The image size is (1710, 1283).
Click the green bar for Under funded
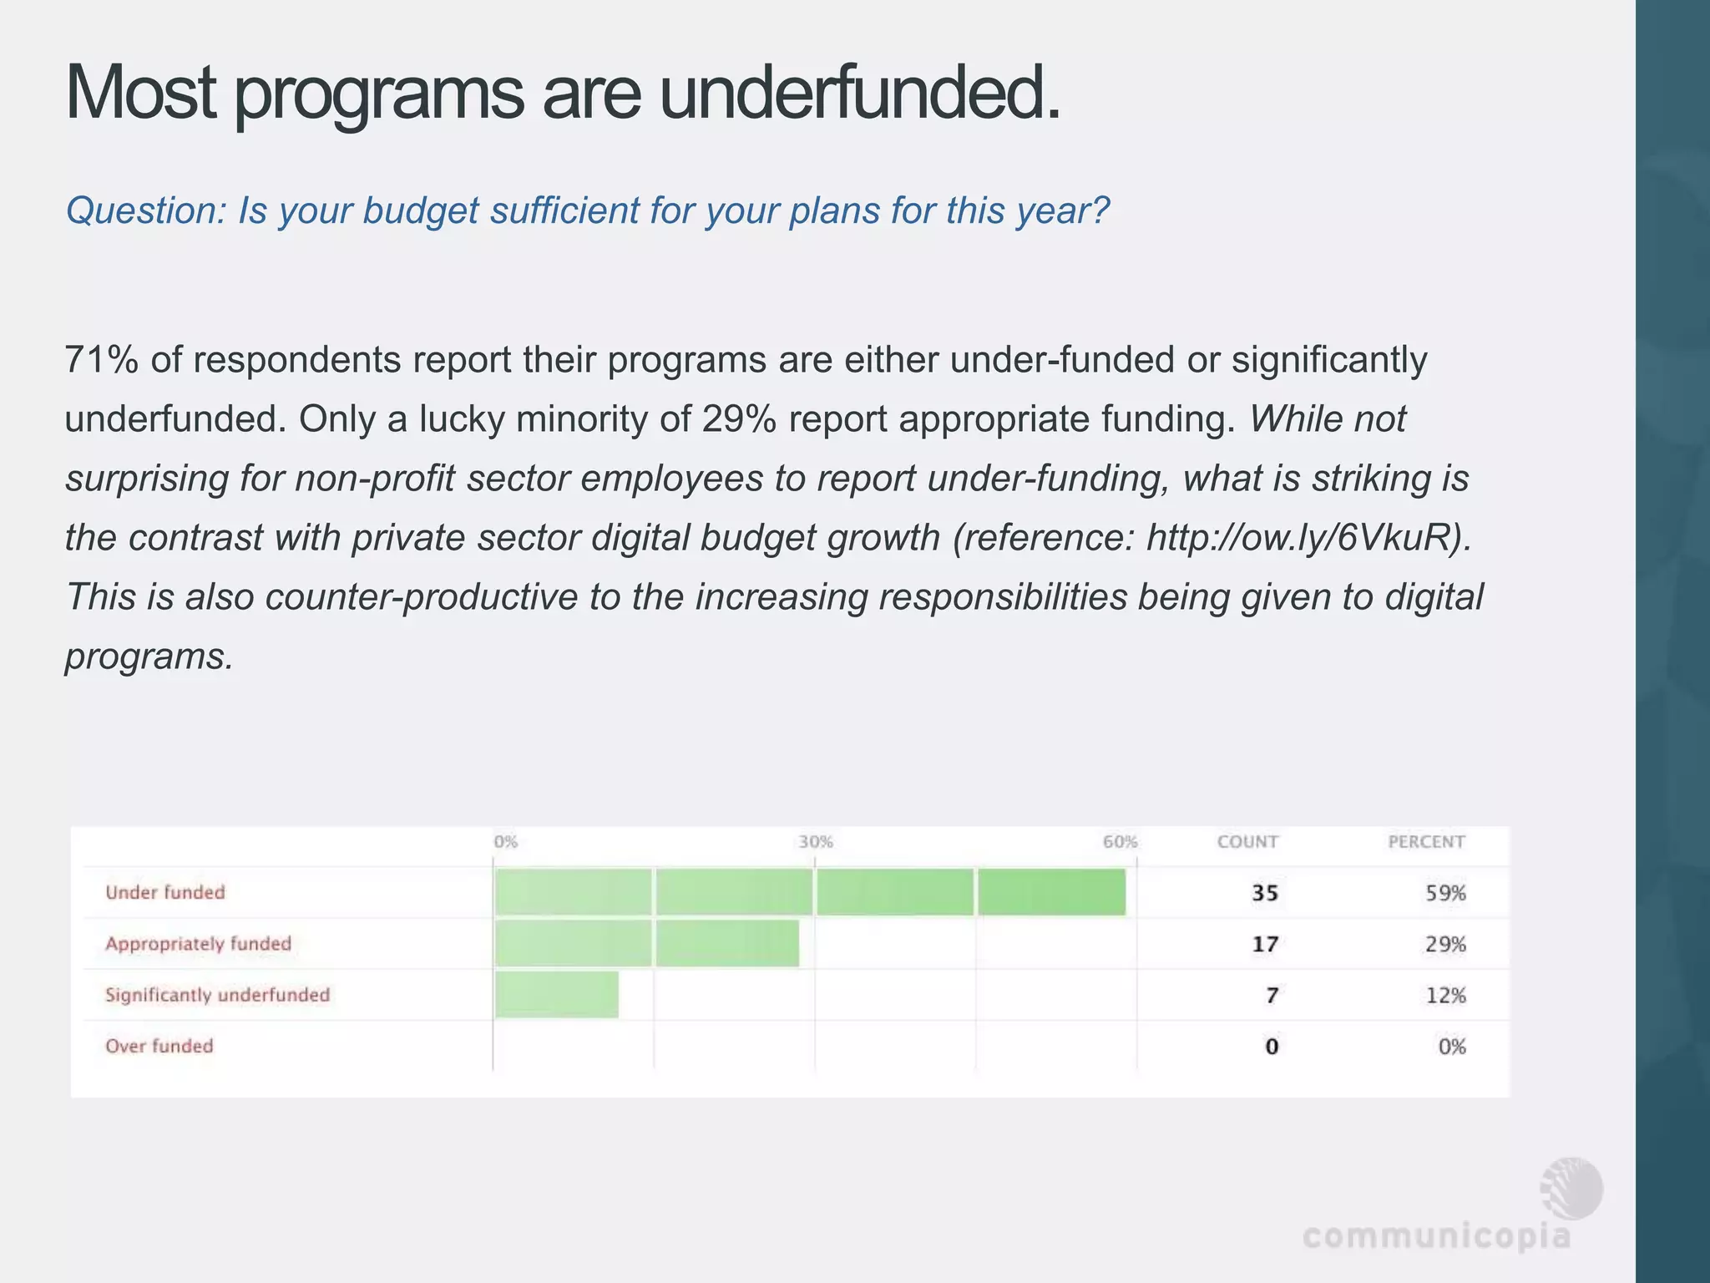click(810, 892)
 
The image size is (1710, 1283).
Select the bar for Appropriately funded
click(647, 943)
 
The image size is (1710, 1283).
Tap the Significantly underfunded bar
click(557, 994)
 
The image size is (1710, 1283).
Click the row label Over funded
click(159, 1046)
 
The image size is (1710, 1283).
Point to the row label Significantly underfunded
click(218, 995)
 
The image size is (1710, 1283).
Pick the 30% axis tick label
click(816, 842)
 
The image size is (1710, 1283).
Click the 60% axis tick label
click(1120, 842)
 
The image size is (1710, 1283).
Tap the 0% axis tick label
click(506, 842)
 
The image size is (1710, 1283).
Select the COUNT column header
click(1247, 842)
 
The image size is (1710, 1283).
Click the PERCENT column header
click(1426, 842)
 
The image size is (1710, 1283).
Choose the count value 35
click(1265, 893)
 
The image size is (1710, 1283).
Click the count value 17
click(1265, 944)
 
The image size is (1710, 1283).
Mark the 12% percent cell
click(1446, 996)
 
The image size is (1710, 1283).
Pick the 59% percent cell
click(1446, 893)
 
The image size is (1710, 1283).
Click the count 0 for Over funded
click(1272, 1047)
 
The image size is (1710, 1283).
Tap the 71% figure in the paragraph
click(102, 360)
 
